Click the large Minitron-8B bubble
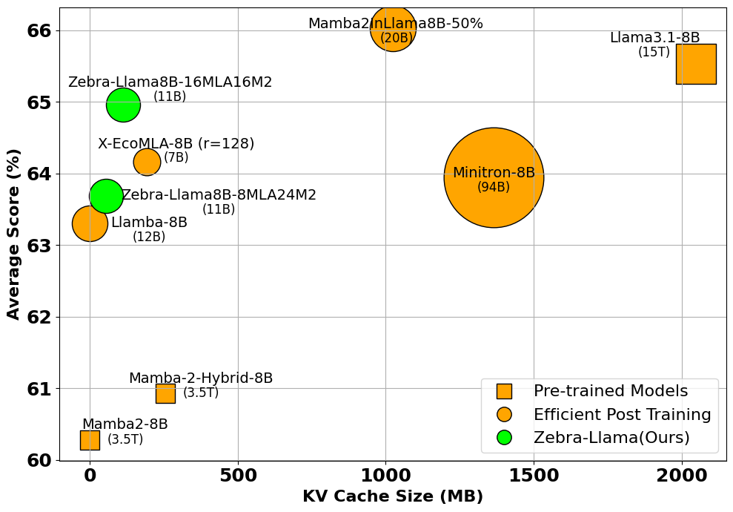[494, 177]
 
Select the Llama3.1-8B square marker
[695, 64]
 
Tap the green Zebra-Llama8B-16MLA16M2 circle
[123, 105]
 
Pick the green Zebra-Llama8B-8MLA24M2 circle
[106, 196]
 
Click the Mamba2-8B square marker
[90, 440]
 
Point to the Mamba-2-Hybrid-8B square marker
[165, 393]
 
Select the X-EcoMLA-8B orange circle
[147, 162]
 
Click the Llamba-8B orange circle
[90, 223]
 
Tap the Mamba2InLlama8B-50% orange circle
[393, 30]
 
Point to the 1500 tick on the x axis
[534, 476]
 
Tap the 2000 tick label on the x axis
[681, 476]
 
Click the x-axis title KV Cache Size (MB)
[392, 497]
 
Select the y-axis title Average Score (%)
[13, 234]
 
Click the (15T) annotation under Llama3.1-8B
[654, 52]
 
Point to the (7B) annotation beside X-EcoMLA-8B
[176, 157]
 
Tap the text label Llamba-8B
[149, 223]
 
